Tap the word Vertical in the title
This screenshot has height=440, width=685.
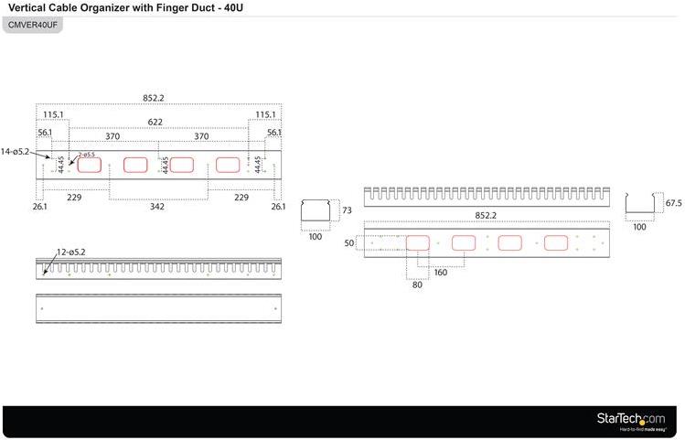(29, 7)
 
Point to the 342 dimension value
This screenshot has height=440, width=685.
(158, 208)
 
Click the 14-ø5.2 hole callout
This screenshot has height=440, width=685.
(16, 151)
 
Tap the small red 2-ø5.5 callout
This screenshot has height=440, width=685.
(87, 155)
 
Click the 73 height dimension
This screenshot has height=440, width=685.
(347, 210)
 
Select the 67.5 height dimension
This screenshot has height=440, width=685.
(675, 203)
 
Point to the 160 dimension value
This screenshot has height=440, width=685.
(441, 272)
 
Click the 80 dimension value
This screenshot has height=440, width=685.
(418, 284)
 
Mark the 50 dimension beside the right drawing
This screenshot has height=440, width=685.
(348, 243)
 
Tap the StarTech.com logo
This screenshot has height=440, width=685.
(631, 419)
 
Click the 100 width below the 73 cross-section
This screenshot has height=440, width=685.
(316, 236)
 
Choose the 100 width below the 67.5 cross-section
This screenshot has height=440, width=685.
(639, 227)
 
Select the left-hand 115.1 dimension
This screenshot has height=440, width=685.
(54, 114)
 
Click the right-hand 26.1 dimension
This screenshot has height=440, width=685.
(278, 207)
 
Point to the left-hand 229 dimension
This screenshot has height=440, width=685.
(74, 197)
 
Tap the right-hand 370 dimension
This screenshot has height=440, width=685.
(201, 136)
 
